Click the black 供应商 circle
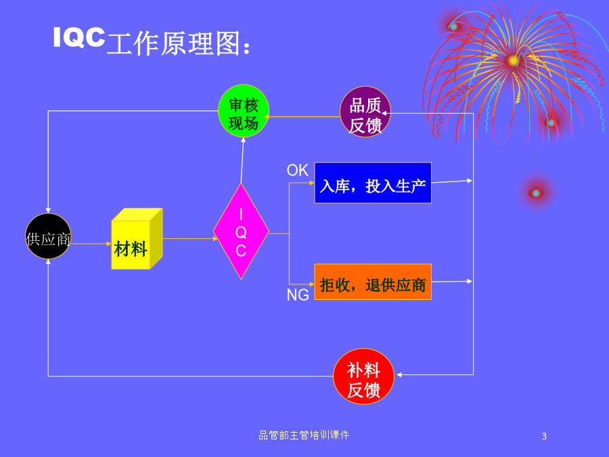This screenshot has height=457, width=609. pyautogui.click(x=48, y=236)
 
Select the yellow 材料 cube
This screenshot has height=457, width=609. pyautogui.click(x=137, y=239)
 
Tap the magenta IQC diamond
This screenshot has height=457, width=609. pyautogui.click(x=241, y=232)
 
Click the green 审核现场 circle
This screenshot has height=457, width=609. pyautogui.click(x=244, y=111)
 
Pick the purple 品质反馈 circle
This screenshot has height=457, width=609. pyautogui.click(x=365, y=112)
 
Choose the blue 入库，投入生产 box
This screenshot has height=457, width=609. pyautogui.click(x=373, y=183)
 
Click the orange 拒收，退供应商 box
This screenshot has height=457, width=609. pyautogui.click(x=373, y=282)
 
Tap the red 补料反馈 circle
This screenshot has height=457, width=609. pyautogui.click(x=363, y=376)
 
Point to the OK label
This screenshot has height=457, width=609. pyautogui.click(x=298, y=170)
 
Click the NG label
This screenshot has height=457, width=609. pyautogui.click(x=298, y=295)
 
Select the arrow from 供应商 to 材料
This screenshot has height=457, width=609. pyautogui.click(x=91, y=244)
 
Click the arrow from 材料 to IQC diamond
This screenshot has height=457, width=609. pyautogui.click(x=190, y=238)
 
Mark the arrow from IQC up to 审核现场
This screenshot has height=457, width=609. pyautogui.click(x=242, y=160)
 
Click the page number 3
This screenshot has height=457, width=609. pyautogui.click(x=544, y=437)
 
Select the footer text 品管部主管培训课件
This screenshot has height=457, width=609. pyautogui.click(x=304, y=435)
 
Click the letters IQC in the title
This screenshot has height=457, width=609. pyautogui.click(x=79, y=38)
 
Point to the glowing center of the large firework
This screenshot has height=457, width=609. pyautogui.click(x=513, y=61)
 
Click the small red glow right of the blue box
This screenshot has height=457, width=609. pyautogui.click(x=536, y=193)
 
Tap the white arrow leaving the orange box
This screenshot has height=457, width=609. pyautogui.click(x=452, y=282)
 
